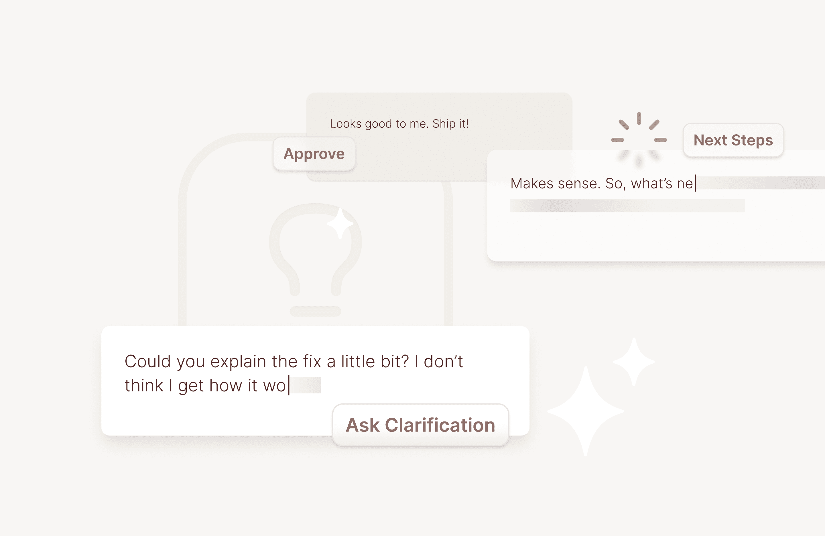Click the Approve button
(314, 153)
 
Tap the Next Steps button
(733, 140)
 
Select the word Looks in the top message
(346, 124)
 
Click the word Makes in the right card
(532, 184)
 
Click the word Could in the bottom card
(148, 362)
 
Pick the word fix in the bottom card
(312, 362)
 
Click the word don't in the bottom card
(443, 362)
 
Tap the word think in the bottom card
(144, 385)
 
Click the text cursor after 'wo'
(289, 385)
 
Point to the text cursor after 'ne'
(695, 184)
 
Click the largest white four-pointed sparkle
(586, 411)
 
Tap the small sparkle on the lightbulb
(340, 224)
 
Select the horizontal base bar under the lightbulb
(316, 311)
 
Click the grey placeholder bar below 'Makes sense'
(627, 206)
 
